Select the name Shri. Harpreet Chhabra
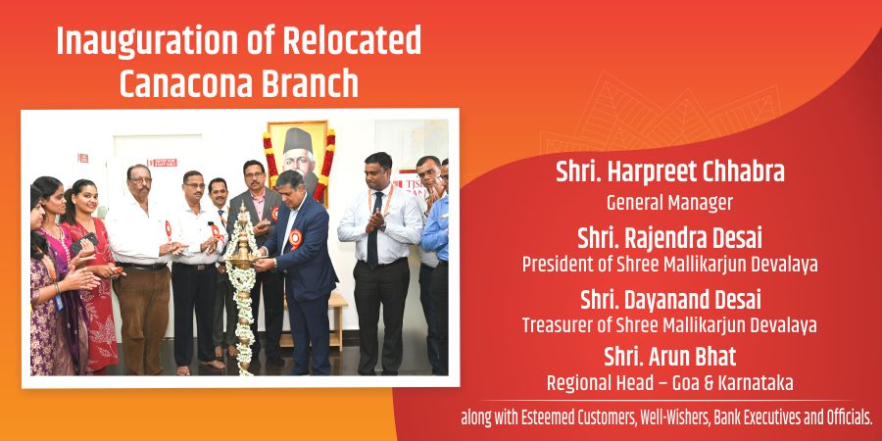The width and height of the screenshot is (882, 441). (670, 172)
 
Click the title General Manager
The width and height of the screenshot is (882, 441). (669, 203)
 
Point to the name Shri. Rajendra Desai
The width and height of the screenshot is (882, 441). (670, 239)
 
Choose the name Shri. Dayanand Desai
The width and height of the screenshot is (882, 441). (670, 301)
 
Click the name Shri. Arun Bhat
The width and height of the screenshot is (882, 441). (670, 357)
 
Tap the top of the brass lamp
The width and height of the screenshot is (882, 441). (244, 207)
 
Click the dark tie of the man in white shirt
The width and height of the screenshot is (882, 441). (374, 229)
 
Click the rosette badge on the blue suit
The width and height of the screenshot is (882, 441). (295, 238)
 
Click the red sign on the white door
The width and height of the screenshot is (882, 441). (162, 163)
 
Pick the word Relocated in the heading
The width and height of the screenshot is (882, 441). (352, 41)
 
